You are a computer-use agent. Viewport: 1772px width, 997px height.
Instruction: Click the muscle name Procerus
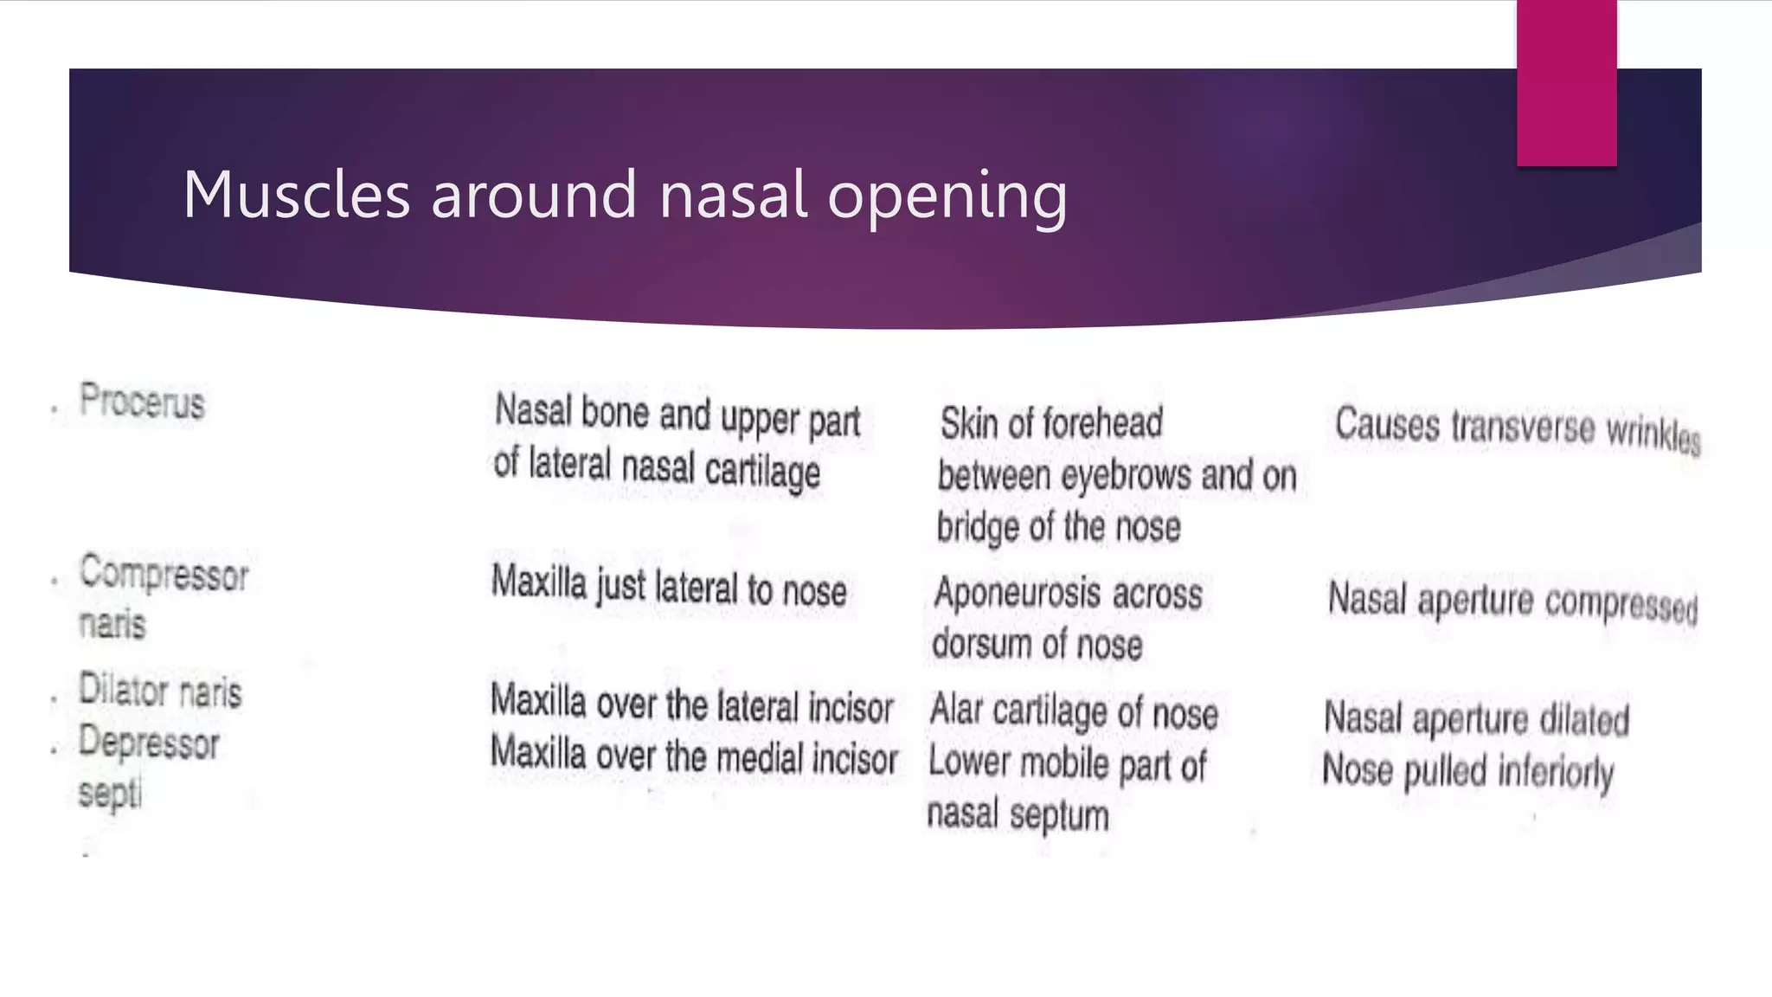[x=142, y=402]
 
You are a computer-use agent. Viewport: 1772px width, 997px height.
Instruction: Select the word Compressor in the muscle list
[x=164, y=574]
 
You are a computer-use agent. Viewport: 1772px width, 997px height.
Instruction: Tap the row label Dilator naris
[x=160, y=691]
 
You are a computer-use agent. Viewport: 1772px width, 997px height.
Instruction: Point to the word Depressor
[x=149, y=743]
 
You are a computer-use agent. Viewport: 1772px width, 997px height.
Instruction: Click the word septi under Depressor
[x=110, y=793]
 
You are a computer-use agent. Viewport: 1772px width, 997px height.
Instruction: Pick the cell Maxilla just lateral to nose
[x=669, y=587]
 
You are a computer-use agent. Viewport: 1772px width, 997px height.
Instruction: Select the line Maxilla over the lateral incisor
[x=691, y=704]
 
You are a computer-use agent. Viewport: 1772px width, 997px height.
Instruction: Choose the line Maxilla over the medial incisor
[x=694, y=756]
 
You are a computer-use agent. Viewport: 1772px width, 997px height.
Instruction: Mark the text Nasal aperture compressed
[x=1512, y=601]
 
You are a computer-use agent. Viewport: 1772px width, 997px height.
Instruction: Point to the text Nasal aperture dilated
[x=1476, y=719]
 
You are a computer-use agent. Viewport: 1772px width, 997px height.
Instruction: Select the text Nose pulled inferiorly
[x=1467, y=771]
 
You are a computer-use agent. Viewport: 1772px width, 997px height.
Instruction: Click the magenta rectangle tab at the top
[x=1566, y=82]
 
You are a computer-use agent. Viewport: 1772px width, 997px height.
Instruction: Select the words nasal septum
[x=1018, y=815]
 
